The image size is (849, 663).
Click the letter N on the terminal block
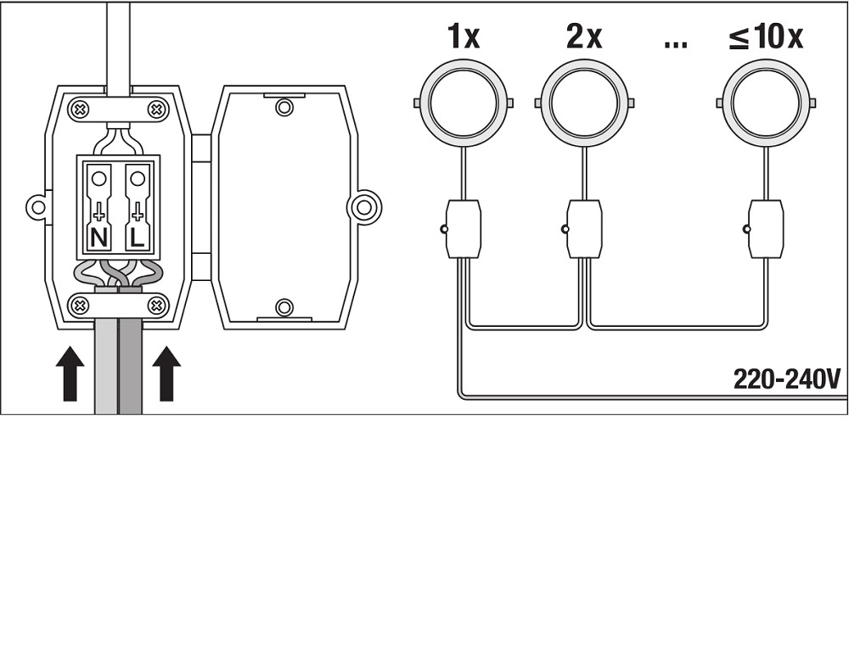[98, 238]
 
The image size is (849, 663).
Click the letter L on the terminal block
[138, 238]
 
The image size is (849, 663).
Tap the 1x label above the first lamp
[464, 37]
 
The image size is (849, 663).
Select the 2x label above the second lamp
[584, 37]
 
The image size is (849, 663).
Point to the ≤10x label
[766, 37]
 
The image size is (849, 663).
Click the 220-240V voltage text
[787, 379]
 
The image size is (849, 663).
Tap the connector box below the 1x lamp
[463, 228]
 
